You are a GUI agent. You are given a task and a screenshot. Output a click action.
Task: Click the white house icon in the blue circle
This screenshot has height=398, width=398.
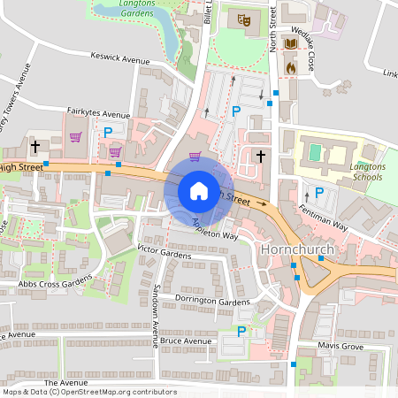click(x=198, y=191)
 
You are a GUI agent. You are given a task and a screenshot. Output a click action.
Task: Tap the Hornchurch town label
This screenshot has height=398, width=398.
click(x=298, y=250)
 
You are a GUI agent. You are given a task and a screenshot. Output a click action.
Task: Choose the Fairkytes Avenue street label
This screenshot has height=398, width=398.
click(x=98, y=114)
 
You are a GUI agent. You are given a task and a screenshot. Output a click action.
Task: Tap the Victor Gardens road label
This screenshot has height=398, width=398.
click(x=164, y=254)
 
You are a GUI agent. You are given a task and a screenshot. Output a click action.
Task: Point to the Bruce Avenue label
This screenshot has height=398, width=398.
click(x=186, y=341)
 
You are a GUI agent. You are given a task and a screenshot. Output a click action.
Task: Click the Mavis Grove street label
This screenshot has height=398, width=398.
click(x=340, y=348)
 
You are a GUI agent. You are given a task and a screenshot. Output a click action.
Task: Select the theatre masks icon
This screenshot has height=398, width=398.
click(x=241, y=18)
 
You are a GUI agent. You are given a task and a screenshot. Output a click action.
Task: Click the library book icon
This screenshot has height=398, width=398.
click(x=290, y=42)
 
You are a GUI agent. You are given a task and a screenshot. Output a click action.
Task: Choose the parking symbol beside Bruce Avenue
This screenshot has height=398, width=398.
click(x=241, y=332)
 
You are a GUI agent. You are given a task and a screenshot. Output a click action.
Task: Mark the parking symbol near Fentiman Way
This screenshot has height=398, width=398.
click(x=319, y=192)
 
